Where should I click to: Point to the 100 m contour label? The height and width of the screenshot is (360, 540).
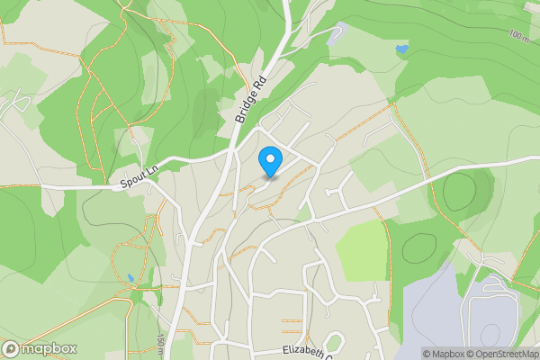(x=518, y=36)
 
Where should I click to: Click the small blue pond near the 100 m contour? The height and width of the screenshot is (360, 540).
(x=401, y=47)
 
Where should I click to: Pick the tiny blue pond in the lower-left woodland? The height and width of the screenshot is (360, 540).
(x=131, y=278)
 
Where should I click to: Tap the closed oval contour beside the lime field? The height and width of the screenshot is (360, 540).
(x=419, y=247)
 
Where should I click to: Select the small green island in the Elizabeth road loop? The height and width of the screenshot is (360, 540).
(x=335, y=342)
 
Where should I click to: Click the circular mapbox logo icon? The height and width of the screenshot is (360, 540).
(x=11, y=349)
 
